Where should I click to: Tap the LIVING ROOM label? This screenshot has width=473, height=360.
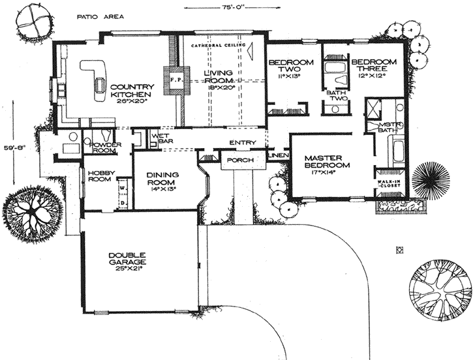(x=221, y=79)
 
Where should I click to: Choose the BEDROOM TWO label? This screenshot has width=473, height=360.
(x=291, y=68)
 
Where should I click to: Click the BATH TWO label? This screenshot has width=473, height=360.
(x=338, y=97)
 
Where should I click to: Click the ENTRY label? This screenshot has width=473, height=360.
(x=239, y=143)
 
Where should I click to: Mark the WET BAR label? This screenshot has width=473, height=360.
(x=160, y=140)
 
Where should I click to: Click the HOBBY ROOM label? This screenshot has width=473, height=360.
(x=99, y=176)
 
